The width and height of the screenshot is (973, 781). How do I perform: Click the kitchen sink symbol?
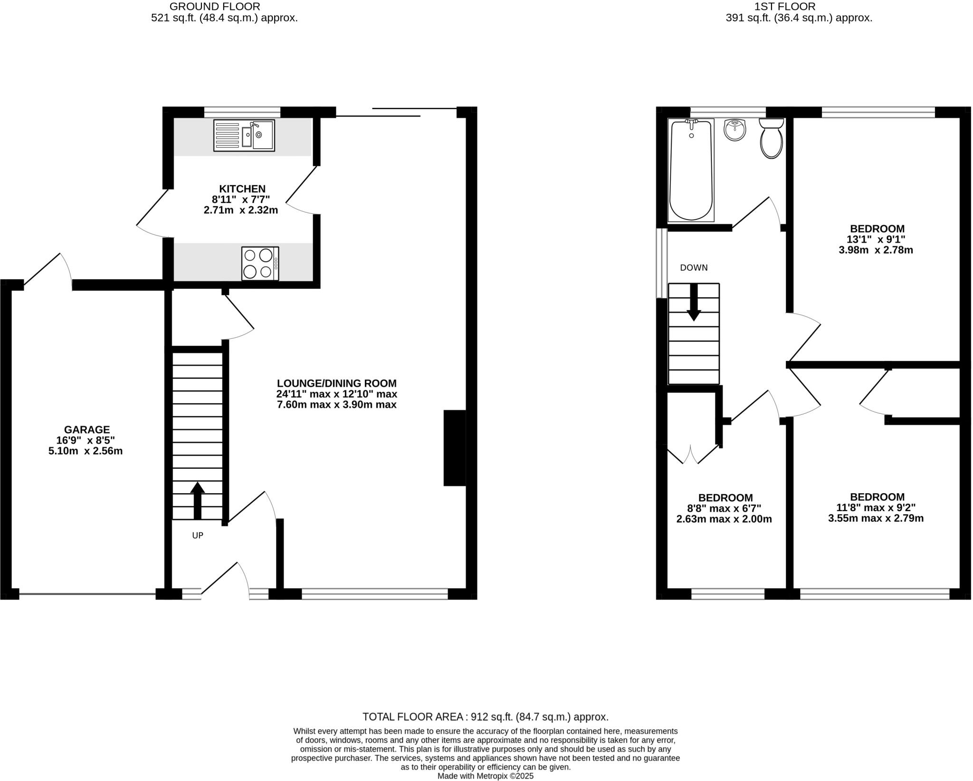click(x=244, y=135)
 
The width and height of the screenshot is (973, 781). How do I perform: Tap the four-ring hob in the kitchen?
click(x=259, y=263)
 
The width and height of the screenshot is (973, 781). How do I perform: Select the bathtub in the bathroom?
click(x=691, y=170)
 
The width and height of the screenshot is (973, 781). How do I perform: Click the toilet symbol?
click(x=771, y=139)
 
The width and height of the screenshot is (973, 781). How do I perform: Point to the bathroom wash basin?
click(x=735, y=130)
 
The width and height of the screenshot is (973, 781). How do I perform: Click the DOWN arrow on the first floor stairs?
click(x=694, y=303)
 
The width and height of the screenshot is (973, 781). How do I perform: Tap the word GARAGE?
click(x=87, y=429)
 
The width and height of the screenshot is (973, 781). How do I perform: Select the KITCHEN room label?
click(x=242, y=189)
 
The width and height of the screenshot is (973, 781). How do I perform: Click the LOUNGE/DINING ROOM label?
click(x=336, y=383)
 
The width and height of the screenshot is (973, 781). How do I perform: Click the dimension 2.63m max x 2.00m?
click(x=724, y=519)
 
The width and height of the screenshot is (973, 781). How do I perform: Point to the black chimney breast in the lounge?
click(x=455, y=448)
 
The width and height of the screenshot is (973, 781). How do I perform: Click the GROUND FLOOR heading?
click(x=215, y=7)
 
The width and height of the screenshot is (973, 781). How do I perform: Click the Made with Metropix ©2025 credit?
click(x=485, y=776)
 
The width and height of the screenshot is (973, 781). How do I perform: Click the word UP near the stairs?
click(x=198, y=535)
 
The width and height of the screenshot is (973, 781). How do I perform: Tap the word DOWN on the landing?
click(x=694, y=267)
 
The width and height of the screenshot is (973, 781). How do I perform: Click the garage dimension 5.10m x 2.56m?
click(x=86, y=451)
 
